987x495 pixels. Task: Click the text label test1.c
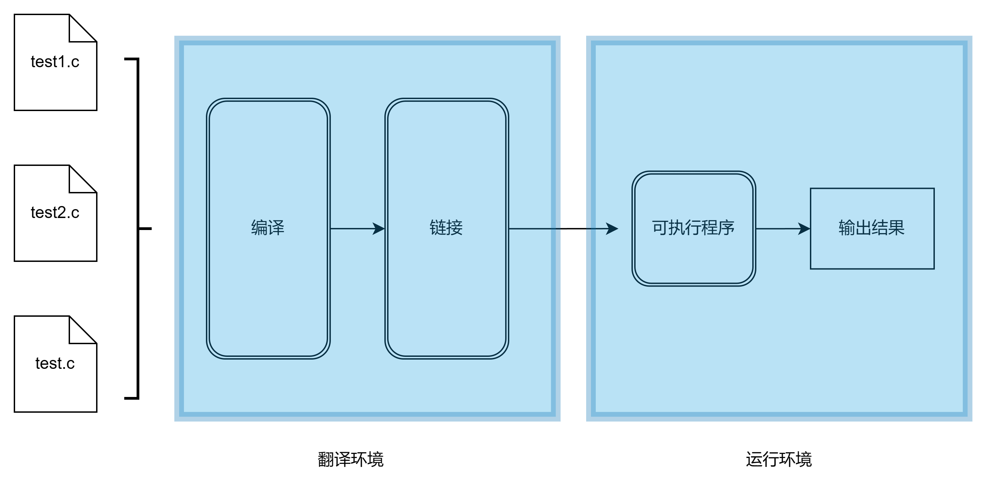click(55, 62)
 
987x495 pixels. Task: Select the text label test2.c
click(55, 213)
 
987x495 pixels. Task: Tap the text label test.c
click(55, 363)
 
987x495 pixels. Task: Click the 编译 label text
click(268, 228)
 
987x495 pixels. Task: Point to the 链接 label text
click(446, 228)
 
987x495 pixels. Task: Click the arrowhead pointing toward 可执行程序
click(612, 229)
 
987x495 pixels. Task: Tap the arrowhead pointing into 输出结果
click(804, 229)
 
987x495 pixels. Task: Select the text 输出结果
click(872, 228)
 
